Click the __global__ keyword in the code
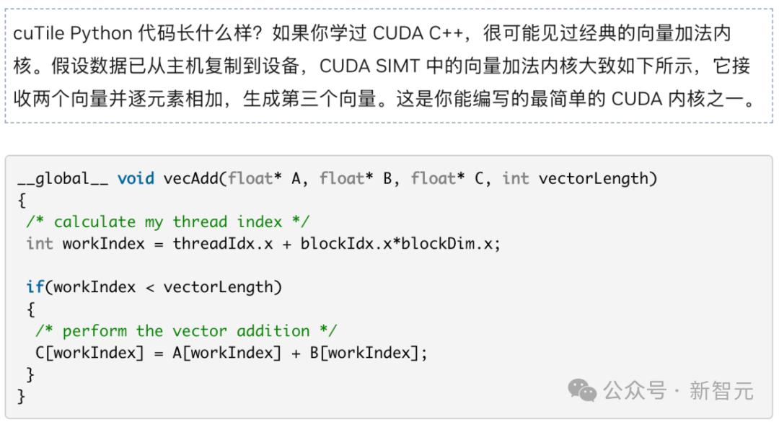pyautogui.click(x=63, y=178)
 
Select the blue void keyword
pyautogui.click(x=136, y=178)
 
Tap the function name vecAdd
pyautogui.click(x=190, y=178)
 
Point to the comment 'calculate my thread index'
pyautogui.click(x=168, y=221)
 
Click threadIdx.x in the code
pyautogui.click(x=223, y=244)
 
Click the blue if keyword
pyautogui.click(x=35, y=287)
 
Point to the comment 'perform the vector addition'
pyautogui.click(x=186, y=330)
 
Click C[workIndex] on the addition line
pyautogui.click(x=89, y=353)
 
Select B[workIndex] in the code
pyautogui.click(x=365, y=353)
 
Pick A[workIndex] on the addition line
pyautogui.click(x=227, y=353)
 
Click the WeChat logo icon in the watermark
pyautogui.click(x=582, y=390)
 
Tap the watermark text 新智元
pyautogui.click(x=721, y=391)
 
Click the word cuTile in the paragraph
pyautogui.click(x=39, y=33)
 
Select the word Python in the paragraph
pyautogui.click(x=102, y=34)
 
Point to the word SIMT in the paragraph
pyautogui.click(x=398, y=66)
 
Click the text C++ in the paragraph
pyautogui.click(x=446, y=33)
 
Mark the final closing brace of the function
pyautogui.click(x=21, y=396)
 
